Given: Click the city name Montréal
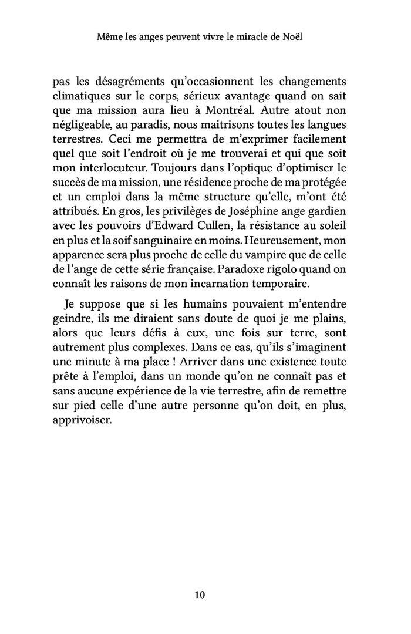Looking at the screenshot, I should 232,110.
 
